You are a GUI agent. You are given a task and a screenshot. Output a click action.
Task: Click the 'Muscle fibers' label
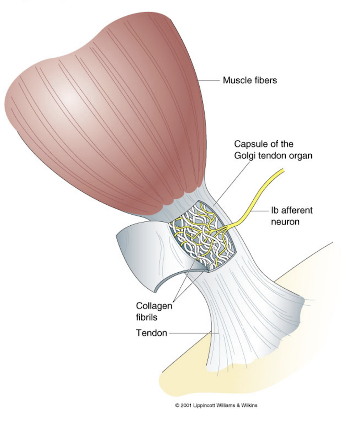(x=250, y=81)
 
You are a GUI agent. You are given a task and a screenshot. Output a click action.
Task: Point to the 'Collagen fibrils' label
(x=154, y=312)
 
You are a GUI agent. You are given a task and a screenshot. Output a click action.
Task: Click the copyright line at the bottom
(x=216, y=406)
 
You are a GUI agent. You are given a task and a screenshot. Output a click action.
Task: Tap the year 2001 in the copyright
(x=186, y=406)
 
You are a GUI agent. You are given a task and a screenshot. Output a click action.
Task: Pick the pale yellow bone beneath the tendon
(x=250, y=371)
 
